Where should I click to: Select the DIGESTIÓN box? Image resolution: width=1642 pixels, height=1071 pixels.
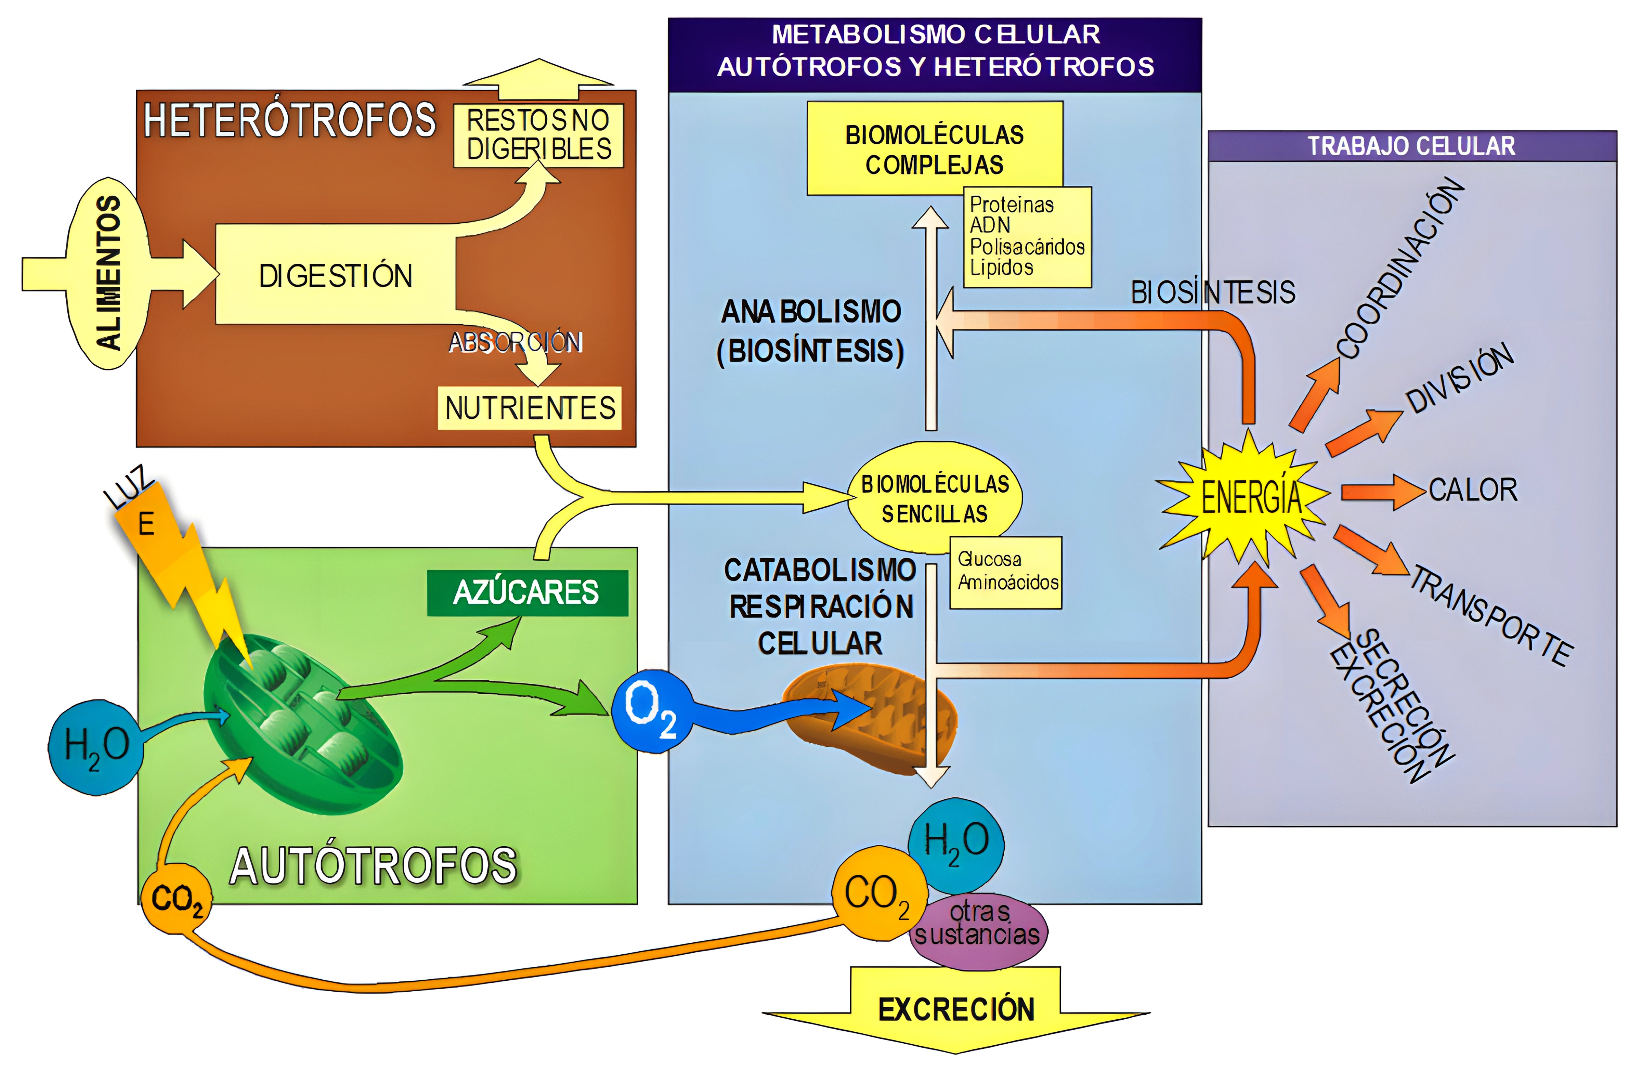(x=335, y=275)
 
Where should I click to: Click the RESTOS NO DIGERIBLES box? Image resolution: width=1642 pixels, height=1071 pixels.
(x=538, y=135)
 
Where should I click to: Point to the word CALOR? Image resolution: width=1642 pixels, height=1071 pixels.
(x=1472, y=490)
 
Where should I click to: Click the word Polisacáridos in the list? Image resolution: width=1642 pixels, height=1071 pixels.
(x=1027, y=246)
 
